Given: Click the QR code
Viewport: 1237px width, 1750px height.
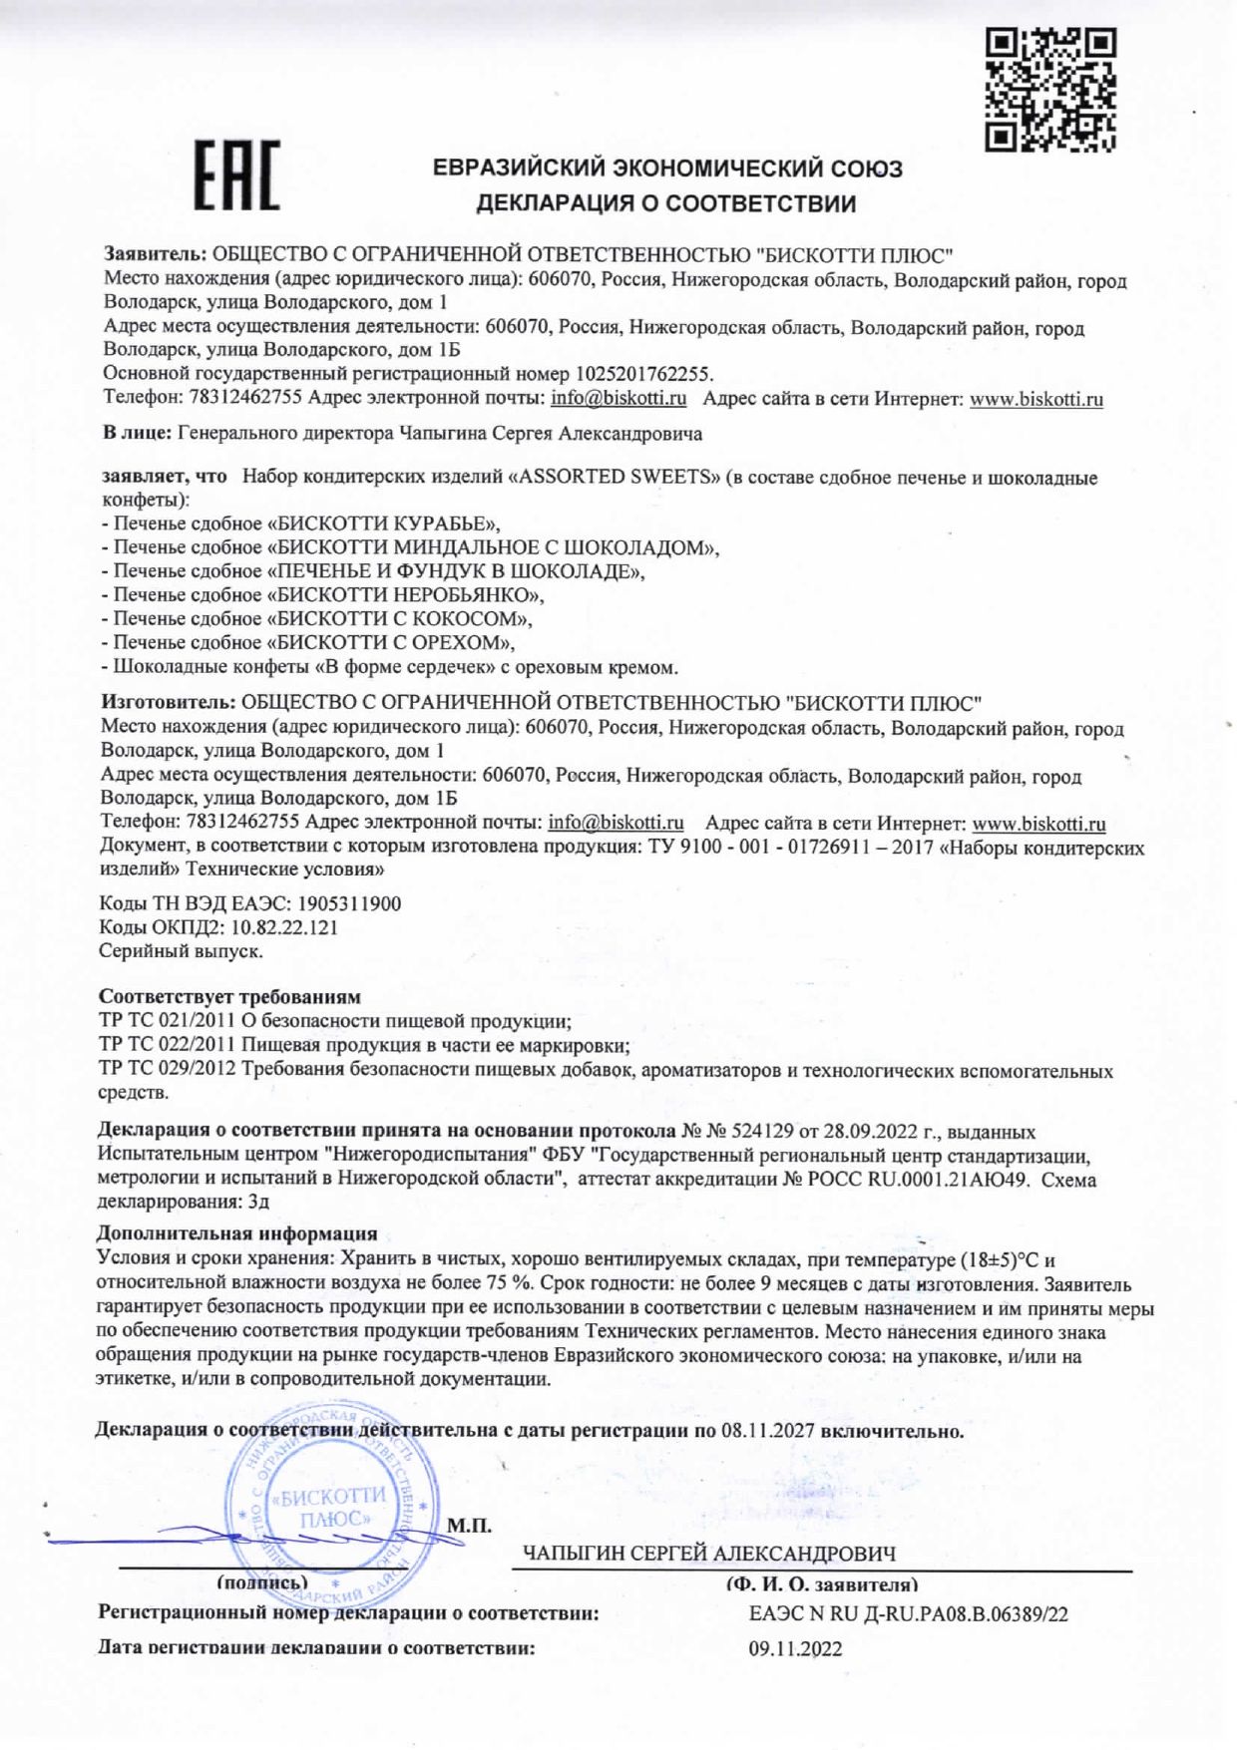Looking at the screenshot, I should coord(1049,90).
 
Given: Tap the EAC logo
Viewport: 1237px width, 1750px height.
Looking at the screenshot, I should coord(236,175).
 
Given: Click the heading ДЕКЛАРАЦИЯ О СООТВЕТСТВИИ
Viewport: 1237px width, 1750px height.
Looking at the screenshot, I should coord(665,204).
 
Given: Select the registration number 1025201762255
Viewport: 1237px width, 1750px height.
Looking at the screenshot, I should coord(643,374).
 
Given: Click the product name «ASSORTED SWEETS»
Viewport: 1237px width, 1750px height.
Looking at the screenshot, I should coord(614,477).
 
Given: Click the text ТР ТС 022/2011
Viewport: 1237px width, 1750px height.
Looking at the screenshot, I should coord(167,1045).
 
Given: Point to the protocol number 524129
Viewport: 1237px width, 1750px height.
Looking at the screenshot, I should coord(763,1132).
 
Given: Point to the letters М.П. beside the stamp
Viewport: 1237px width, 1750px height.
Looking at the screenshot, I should coord(469,1526).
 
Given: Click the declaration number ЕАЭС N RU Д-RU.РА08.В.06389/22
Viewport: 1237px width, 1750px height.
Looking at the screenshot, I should coord(908,1614).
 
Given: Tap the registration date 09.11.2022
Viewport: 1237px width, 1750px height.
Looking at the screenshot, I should coord(795,1649).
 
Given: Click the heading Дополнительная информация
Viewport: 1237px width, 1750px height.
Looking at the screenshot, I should coord(237,1234).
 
